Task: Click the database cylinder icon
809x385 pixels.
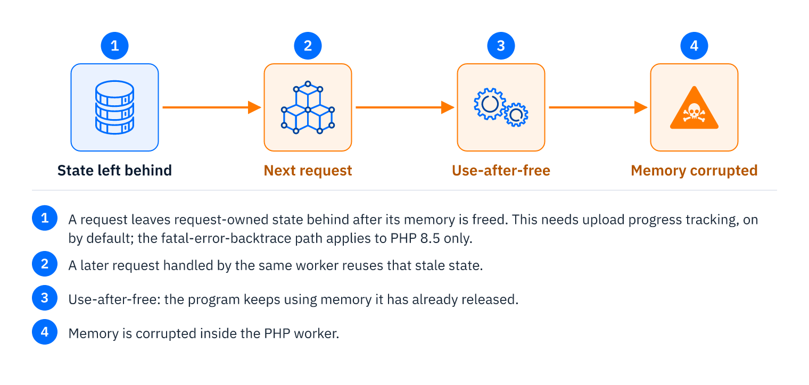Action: [x=114, y=107]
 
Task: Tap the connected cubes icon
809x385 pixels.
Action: [x=308, y=107]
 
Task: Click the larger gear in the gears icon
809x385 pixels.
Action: [x=490, y=104]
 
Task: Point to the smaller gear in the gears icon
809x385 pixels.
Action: [x=516, y=115]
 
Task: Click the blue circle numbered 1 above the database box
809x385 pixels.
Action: [x=114, y=46]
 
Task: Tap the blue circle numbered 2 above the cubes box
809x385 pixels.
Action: [x=308, y=46]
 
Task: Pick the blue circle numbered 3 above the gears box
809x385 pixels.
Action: [x=501, y=46]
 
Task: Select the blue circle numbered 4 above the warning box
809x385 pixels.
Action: [x=694, y=46]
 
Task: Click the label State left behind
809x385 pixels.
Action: [x=114, y=170]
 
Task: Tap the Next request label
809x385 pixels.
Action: [x=308, y=171]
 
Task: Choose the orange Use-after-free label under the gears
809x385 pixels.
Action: [x=501, y=170]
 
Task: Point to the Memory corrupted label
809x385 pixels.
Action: [x=694, y=171]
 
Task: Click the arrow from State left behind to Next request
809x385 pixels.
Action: [x=212, y=107]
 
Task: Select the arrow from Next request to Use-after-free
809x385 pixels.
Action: [x=405, y=107]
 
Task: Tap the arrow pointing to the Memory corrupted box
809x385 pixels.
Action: [x=598, y=107]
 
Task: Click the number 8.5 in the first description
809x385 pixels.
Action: [x=430, y=238]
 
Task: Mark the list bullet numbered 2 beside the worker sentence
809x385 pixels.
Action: [x=45, y=264]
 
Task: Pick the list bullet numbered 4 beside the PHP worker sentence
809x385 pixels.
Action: [x=45, y=332]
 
